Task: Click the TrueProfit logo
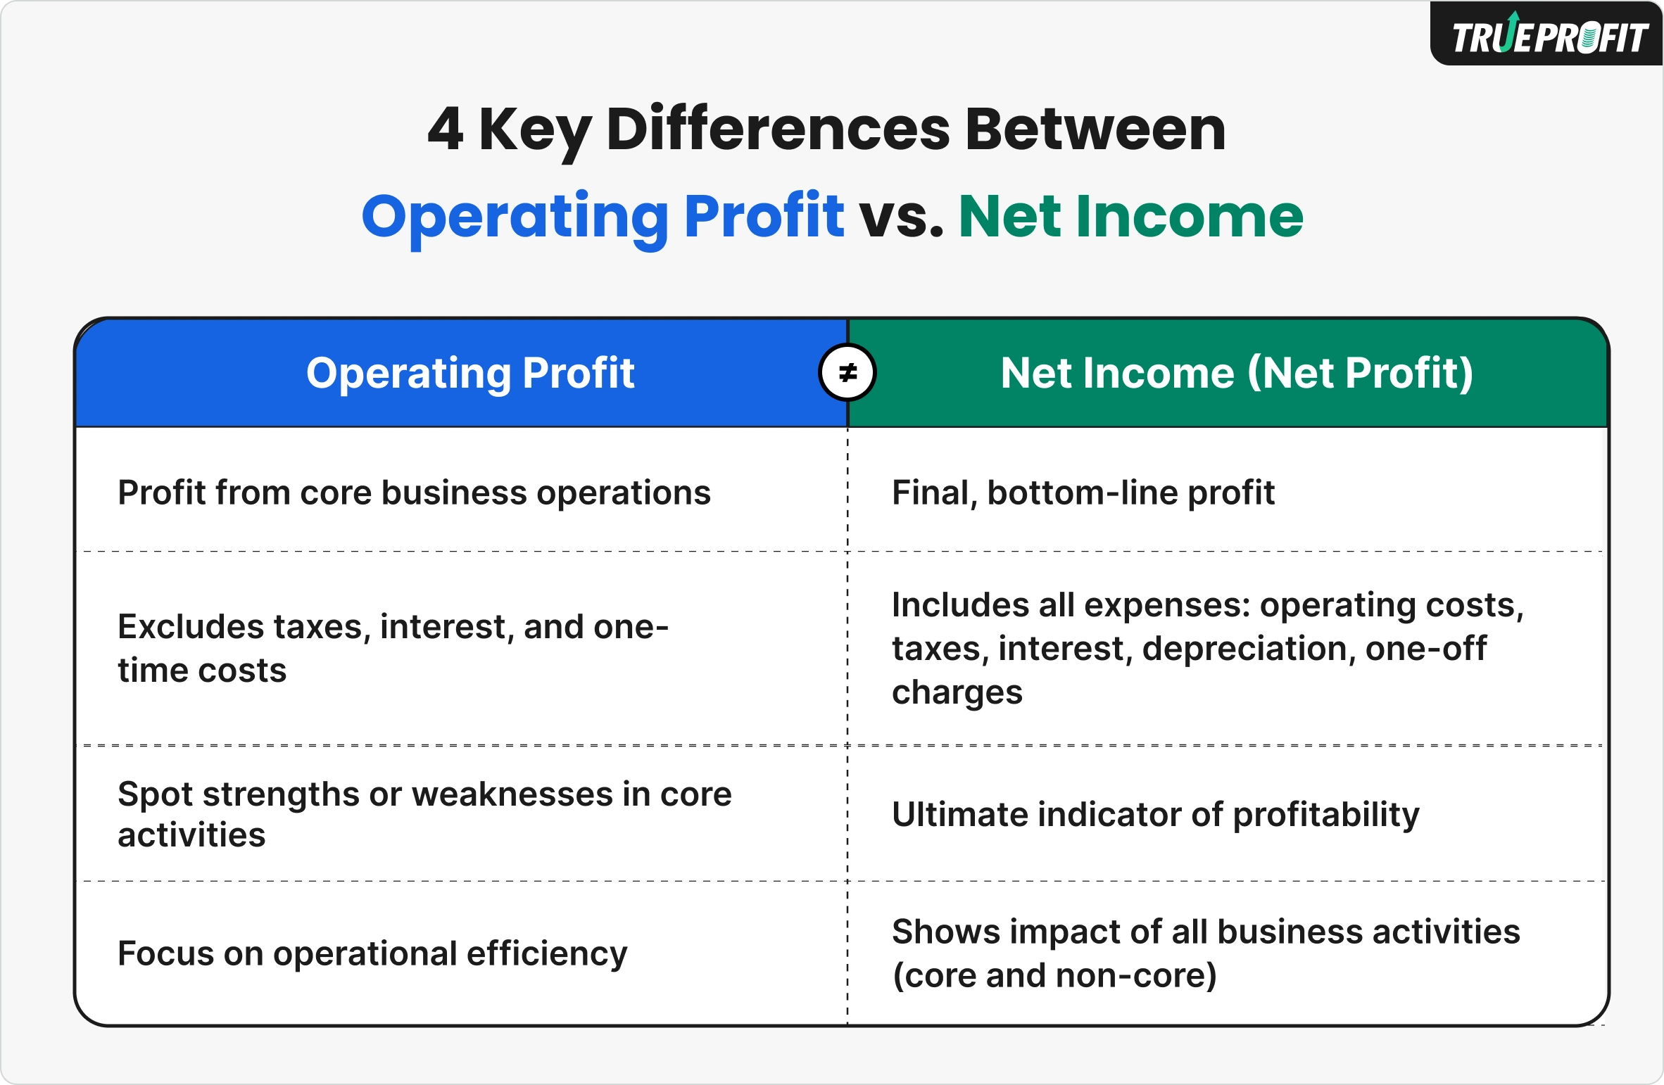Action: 1549,35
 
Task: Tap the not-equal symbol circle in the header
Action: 847,372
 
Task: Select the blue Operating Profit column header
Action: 470,372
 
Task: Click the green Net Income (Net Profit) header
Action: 1237,372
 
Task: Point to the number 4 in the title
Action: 446,129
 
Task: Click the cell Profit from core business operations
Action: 414,493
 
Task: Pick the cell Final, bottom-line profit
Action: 1083,493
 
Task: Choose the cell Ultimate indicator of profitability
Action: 1155,814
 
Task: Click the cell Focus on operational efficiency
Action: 372,953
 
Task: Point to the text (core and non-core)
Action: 1054,975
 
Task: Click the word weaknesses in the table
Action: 512,794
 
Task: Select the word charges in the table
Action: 957,692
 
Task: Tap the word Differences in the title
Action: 778,129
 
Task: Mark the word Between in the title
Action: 1095,129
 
